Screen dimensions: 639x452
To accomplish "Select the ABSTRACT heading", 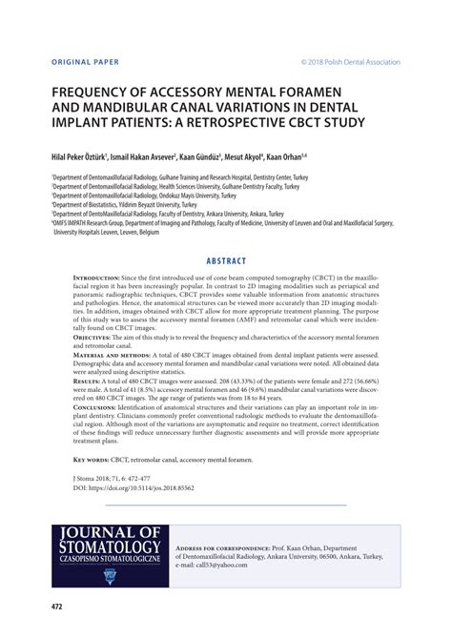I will tap(225, 260).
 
